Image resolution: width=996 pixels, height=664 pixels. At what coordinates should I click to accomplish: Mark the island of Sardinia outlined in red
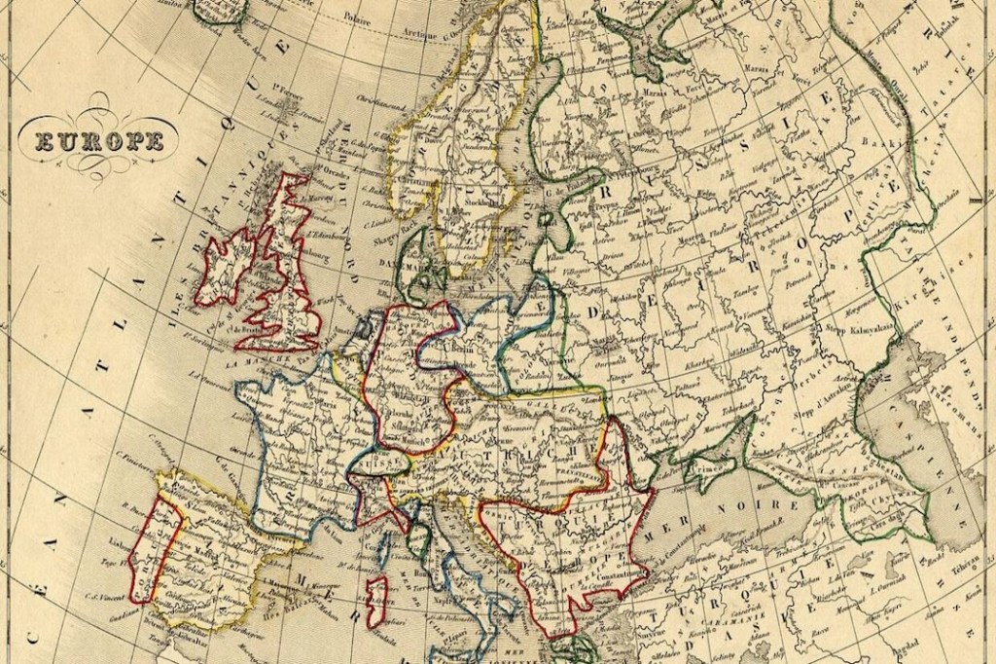pos(377,598)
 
